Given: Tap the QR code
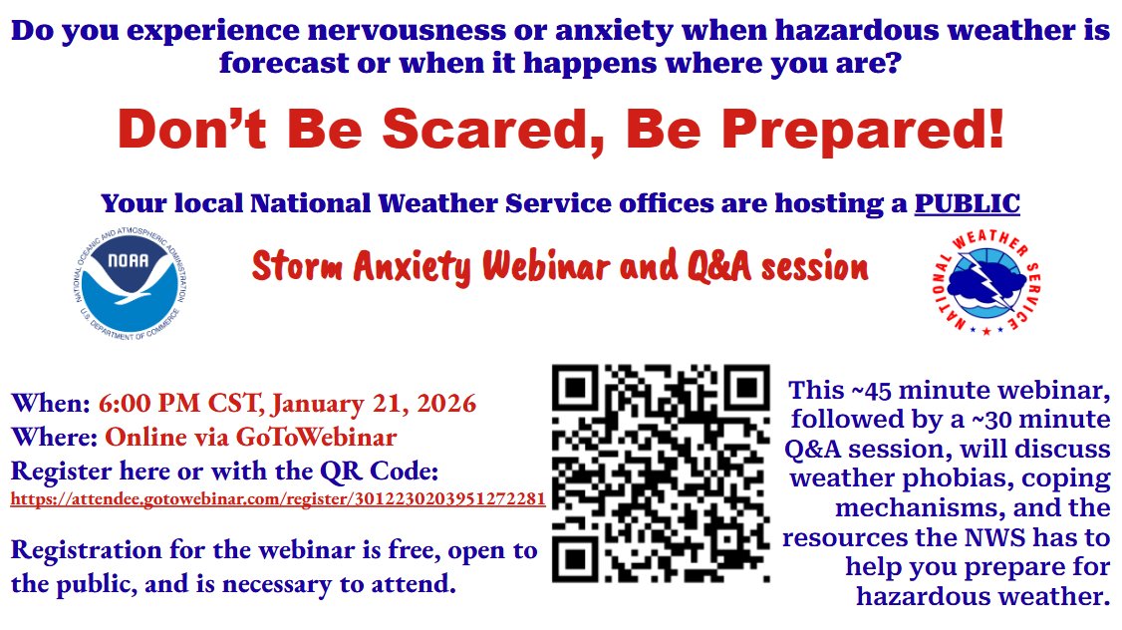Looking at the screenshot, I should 661,472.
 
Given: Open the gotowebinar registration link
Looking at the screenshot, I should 277,498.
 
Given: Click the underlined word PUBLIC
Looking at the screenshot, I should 968,204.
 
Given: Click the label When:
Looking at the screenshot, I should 51,404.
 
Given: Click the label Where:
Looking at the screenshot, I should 54,437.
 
